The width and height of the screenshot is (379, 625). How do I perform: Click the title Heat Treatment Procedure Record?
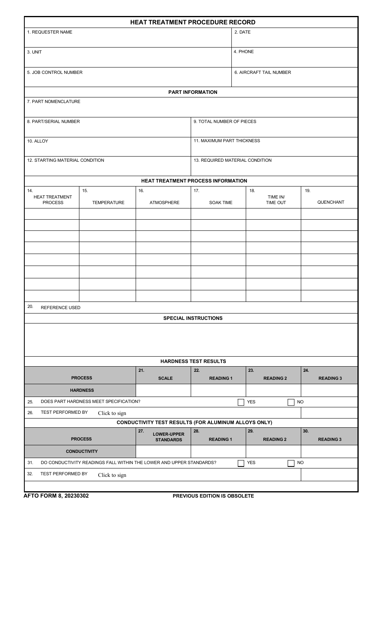(x=193, y=22)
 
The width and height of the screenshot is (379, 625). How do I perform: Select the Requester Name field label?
(x=50, y=32)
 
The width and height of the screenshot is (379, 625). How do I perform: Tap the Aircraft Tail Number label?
(x=263, y=73)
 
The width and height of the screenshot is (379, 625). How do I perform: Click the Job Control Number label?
(x=55, y=73)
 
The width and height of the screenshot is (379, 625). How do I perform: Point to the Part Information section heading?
(x=193, y=92)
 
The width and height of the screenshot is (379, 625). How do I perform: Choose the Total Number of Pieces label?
(x=225, y=122)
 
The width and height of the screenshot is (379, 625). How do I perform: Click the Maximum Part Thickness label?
(x=227, y=141)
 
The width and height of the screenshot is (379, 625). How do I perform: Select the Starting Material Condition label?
(x=65, y=161)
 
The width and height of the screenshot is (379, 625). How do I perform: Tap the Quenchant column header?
(x=330, y=202)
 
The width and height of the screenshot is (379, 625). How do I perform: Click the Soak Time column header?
(x=221, y=203)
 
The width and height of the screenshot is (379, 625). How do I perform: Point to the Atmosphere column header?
(x=164, y=203)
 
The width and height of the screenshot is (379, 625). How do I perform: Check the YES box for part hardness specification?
(x=241, y=402)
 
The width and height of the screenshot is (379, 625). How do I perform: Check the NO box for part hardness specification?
(x=291, y=402)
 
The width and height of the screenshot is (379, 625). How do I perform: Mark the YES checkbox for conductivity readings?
(x=241, y=463)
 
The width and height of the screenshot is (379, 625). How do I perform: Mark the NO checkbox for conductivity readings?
(x=291, y=463)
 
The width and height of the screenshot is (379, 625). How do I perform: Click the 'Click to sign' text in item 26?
(x=112, y=413)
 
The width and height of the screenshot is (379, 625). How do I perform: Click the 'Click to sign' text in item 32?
(x=112, y=475)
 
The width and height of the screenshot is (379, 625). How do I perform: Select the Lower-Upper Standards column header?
(x=168, y=437)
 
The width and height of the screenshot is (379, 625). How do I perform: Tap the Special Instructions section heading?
(x=193, y=319)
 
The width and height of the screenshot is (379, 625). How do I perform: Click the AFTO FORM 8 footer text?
(x=56, y=496)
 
